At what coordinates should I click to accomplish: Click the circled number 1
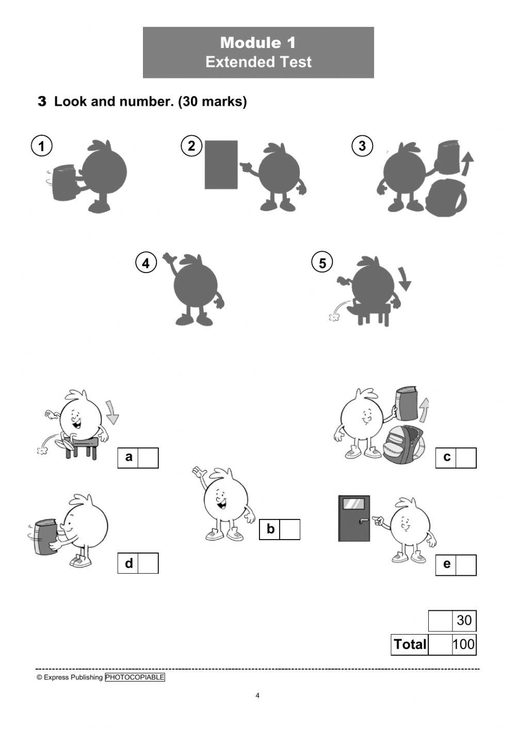click(x=41, y=145)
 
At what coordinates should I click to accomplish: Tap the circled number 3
click(x=362, y=146)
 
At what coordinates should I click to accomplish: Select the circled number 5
click(x=322, y=263)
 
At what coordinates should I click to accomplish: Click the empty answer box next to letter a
click(x=148, y=458)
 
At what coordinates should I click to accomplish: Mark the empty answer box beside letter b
click(x=289, y=529)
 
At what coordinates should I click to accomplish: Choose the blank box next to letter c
click(x=466, y=458)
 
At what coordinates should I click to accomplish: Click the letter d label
click(x=128, y=563)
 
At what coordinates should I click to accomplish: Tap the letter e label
click(x=446, y=564)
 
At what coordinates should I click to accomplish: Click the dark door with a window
click(x=354, y=519)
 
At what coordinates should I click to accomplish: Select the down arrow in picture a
click(x=111, y=412)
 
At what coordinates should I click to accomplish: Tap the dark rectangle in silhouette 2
click(x=221, y=165)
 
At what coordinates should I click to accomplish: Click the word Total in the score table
click(x=410, y=644)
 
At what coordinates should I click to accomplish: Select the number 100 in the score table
click(x=463, y=644)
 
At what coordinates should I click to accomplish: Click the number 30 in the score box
click(x=464, y=620)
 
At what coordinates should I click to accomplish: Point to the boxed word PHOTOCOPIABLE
click(x=135, y=677)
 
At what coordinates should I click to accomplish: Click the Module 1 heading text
click(x=258, y=42)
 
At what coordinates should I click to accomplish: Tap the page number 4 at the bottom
click(x=257, y=695)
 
